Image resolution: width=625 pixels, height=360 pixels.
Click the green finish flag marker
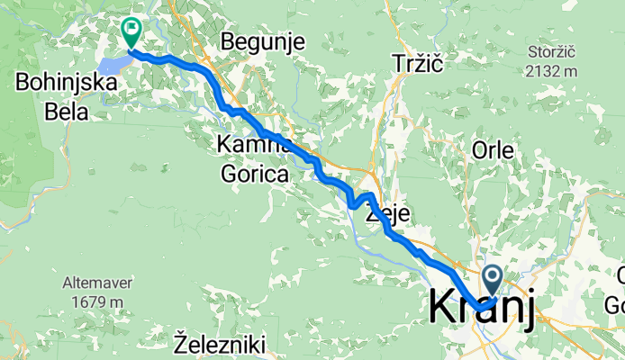[x=131, y=33]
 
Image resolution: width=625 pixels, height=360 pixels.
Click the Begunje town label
[x=263, y=41]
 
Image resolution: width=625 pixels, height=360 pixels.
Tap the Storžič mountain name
[x=551, y=53]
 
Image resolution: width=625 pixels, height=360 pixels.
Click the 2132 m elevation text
[x=551, y=71]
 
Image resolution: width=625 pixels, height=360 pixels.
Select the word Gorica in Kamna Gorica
[x=252, y=173]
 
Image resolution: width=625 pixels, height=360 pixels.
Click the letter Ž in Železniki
[x=181, y=343]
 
